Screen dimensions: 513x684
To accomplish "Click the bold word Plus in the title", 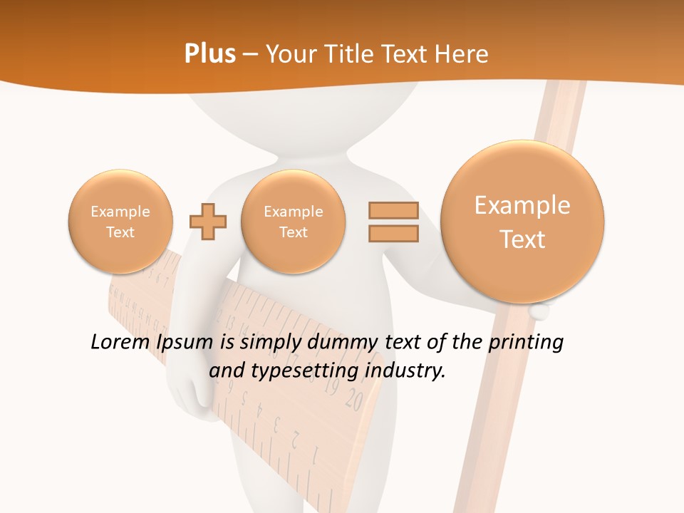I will tap(209, 53).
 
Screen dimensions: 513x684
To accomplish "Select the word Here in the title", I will tap(462, 53).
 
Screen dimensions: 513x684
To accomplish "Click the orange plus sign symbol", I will tap(208, 221).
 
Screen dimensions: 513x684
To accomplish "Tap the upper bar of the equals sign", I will tap(393, 210).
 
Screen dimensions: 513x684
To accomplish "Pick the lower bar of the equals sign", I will tap(393, 233).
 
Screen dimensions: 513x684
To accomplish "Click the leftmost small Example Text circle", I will tap(120, 221).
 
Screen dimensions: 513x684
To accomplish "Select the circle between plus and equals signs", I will tap(294, 221).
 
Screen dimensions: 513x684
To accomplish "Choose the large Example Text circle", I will tap(522, 222).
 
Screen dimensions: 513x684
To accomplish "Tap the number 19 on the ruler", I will tap(331, 388).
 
